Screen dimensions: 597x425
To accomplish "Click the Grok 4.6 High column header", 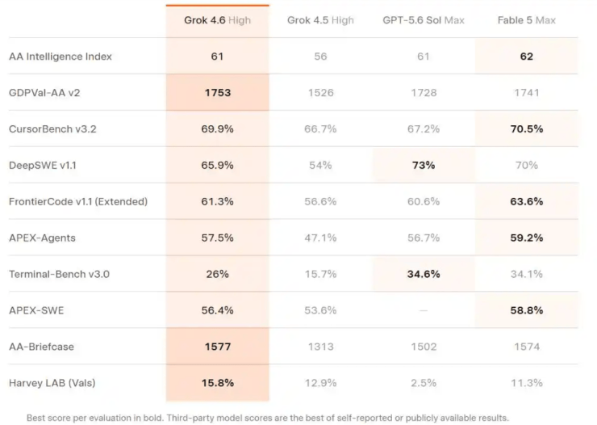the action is (217, 20).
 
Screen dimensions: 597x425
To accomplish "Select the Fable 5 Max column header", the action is (527, 20).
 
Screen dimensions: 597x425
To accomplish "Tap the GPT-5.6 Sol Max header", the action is (424, 20).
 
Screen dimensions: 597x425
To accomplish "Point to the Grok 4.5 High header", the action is (320, 20).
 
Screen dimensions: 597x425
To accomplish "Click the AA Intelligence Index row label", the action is (61, 57).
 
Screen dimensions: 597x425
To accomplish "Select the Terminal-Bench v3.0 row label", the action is (59, 274).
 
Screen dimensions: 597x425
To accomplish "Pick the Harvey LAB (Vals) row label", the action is (52, 383).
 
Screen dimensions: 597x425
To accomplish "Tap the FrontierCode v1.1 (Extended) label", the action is (78, 201).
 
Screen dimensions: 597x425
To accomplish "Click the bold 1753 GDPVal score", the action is (218, 93).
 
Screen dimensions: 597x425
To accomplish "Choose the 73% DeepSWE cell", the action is (424, 165).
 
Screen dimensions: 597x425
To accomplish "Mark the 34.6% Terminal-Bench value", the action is (424, 274).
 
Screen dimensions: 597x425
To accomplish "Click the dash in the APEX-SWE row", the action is (424, 310).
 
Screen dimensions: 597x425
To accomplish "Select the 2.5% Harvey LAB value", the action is (424, 383).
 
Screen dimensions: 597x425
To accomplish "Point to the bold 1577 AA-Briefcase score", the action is (218, 347).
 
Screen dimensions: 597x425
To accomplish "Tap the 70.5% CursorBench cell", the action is (527, 128).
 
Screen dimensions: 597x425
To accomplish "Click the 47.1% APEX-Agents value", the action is (320, 238).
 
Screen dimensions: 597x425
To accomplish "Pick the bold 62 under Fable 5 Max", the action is (527, 57).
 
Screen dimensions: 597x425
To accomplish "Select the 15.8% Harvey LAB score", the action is (218, 383).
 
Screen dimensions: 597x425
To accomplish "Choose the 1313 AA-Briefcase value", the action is (321, 347).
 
